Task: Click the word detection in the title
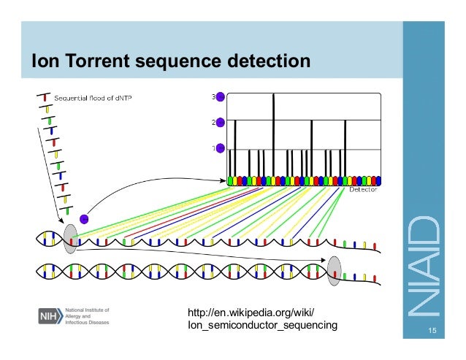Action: pos(270,62)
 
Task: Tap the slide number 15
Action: pos(432,333)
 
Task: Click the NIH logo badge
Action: pos(49,315)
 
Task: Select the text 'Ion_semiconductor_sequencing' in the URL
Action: pos(262,325)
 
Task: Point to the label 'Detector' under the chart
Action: pos(363,188)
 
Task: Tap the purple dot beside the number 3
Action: pos(221,96)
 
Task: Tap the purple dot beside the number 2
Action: pos(221,122)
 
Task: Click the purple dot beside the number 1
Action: pos(221,148)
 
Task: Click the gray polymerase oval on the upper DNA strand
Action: pos(70,238)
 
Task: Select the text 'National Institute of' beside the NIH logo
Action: pos(85,309)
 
